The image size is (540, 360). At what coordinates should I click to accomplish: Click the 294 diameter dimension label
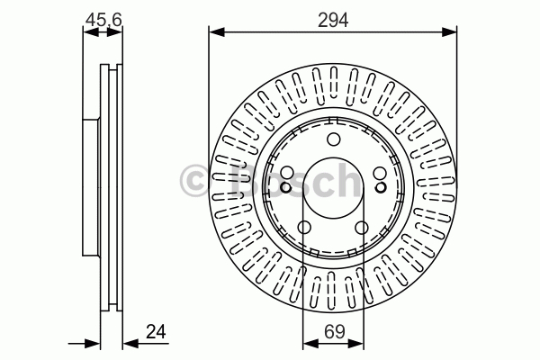click(333, 20)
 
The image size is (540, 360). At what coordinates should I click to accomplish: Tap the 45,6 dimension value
click(103, 20)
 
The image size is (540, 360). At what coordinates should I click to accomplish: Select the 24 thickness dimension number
click(156, 332)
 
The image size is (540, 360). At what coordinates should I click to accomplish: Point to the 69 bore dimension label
click(335, 332)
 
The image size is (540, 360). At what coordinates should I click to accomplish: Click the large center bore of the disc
click(333, 188)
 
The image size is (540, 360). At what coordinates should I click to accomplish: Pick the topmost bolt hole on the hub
click(333, 139)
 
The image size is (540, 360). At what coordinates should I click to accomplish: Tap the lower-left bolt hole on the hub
click(304, 228)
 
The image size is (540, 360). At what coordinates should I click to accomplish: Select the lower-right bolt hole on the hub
click(362, 228)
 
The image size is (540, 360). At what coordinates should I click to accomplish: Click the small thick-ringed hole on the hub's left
click(285, 188)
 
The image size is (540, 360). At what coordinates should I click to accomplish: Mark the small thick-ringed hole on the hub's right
click(381, 188)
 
